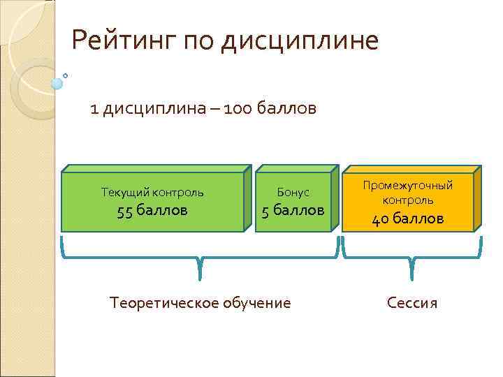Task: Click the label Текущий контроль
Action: click(152, 191)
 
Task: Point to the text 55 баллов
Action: click(152, 211)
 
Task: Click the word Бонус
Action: click(293, 191)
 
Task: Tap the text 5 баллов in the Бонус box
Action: click(293, 211)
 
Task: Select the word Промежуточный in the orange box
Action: click(407, 186)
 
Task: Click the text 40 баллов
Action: click(407, 219)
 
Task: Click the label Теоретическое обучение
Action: click(201, 303)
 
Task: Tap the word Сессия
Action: click(412, 303)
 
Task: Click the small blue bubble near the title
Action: click(57, 84)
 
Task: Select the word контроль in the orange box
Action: click(407, 200)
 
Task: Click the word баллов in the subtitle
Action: click(286, 110)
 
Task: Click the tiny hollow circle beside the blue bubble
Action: click(66, 74)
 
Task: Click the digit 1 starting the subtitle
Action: click(94, 110)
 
